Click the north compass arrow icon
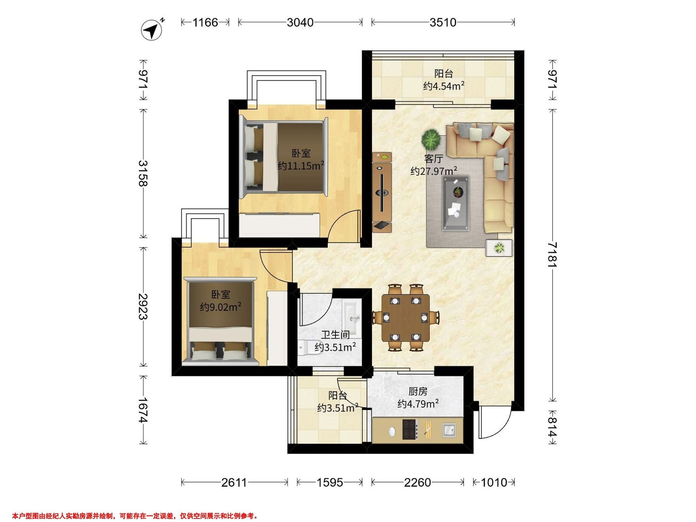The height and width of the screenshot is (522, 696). click(152, 30)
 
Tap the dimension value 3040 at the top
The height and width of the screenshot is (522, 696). click(300, 22)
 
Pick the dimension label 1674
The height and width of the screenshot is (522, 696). click(143, 410)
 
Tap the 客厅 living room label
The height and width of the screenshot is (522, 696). click(434, 159)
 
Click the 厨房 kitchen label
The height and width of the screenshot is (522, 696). click(418, 392)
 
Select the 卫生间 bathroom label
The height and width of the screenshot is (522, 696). click(336, 335)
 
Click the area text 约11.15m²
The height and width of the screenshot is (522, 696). click(301, 166)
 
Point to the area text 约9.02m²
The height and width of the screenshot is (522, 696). click(221, 307)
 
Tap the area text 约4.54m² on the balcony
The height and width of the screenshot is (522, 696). click(444, 86)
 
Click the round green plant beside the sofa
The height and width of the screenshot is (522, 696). click(431, 139)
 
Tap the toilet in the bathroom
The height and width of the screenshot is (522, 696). click(310, 348)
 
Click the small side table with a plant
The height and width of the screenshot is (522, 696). click(499, 248)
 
